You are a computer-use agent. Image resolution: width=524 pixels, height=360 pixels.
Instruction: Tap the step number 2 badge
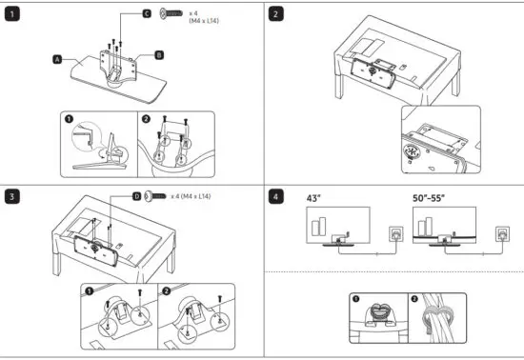click(275, 15)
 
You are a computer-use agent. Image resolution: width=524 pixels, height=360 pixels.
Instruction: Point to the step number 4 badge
click(275, 196)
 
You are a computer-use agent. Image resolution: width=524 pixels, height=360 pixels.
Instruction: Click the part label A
click(57, 59)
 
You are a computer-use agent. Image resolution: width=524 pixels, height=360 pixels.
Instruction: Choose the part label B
click(158, 55)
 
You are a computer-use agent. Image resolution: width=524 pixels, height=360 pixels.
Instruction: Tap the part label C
click(147, 14)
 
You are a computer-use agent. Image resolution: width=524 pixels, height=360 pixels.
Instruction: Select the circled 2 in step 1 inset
click(146, 121)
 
